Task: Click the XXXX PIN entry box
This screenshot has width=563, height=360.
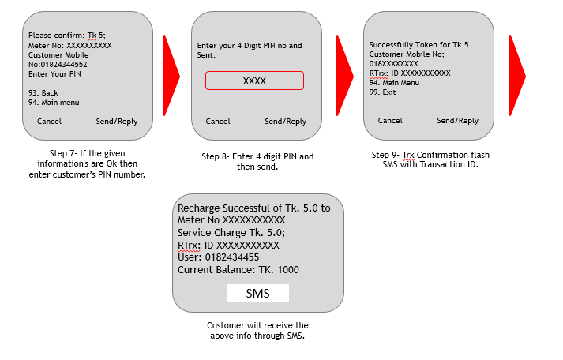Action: pyautogui.click(x=254, y=81)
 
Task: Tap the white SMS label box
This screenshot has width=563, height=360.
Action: pyautogui.click(x=257, y=293)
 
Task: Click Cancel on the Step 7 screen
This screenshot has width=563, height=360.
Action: pyautogui.click(x=49, y=122)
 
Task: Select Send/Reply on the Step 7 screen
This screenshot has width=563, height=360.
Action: pyautogui.click(x=117, y=122)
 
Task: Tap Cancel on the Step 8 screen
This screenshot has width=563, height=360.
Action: pyautogui.click(x=218, y=122)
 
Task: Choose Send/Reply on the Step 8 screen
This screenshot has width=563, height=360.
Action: pyautogui.click(x=286, y=122)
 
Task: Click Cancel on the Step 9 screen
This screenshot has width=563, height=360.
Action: pyautogui.click(x=390, y=121)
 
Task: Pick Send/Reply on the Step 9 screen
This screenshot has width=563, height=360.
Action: pyautogui.click(x=457, y=121)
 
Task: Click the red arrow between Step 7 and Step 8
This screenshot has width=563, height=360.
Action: pyautogui.click(x=171, y=75)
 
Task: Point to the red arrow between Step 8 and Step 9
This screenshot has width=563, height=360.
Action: pyautogui.click(x=345, y=75)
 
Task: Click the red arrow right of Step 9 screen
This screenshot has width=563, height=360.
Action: pyautogui.click(x=517, y=75)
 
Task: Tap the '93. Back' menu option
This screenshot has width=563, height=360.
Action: pyautogui.click(x=43, y=93)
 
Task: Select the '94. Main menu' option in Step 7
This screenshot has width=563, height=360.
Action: pyautogui.click(x=54, y=103)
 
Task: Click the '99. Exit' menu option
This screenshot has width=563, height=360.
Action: pyautogui.click(x=382, y=92)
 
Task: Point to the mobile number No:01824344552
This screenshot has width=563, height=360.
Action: pyautogui.click(x=58, y=65)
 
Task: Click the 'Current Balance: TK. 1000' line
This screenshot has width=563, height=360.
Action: pyautogui.click(x=238, y=269)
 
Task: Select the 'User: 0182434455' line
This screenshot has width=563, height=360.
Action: pyautogui.click(x=218, y=257)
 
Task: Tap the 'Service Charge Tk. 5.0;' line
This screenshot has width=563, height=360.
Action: pyautogui.click(x=231, y=233)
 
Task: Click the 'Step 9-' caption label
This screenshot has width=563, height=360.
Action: pyautogui.click(x=385, y=155)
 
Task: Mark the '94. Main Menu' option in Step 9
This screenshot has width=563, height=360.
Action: pyautogui.click(x=394, y=83)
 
